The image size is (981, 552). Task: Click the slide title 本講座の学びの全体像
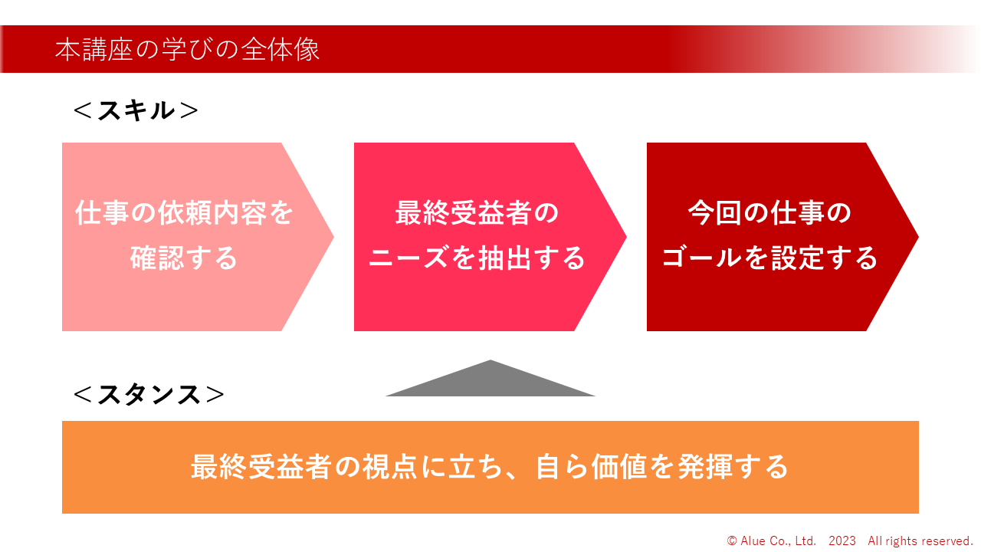pyautogui.click(x=187, y=49)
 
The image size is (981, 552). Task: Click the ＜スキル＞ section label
pyautogui.click(x=136, y=110)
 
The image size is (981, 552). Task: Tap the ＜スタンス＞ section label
pyautogui.click(x=149, y=394)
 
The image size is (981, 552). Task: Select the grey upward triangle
pyautogui.click(x=490, y=379)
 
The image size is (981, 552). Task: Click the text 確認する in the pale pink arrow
pyautogui.click(x=184, y=258)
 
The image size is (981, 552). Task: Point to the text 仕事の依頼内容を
pyautogui.click(x=184, y=213)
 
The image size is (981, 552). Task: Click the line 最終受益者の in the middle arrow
pyautogui.click(x=477, y=213)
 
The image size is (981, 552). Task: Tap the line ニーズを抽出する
pyautogui.click(x=477, y=258)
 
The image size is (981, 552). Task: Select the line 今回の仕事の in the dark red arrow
pyautogui.click(x=769, y=213)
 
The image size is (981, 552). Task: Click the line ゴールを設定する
pyautogui.click(x=769, y=258)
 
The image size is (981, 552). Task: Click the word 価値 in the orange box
pyautogui.click(x=618, y=467)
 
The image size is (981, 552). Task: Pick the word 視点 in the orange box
pyautogui.click(x=389, y=467)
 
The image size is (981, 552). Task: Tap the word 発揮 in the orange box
pyautogui.click(x=704, y=467)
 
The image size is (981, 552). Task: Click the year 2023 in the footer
pyautogui.click(x=842, y=541)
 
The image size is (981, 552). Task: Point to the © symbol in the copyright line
pyautogui.click(x=732, y=541)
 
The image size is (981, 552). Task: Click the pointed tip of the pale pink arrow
pyautogui.click(x=333, y=237)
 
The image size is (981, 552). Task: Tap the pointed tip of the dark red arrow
pyautogui.click(x=918, y=237)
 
